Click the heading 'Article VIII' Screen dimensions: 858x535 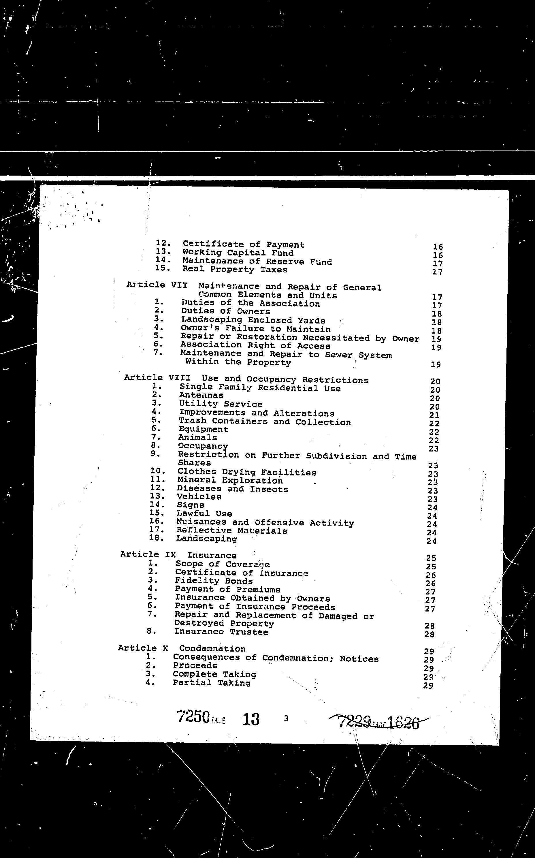click(x=157, y=378)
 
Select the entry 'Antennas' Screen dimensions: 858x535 click(x=201, y=395)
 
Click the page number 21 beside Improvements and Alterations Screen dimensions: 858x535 click(x=434, y=415)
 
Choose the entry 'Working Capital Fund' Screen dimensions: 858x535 click(x=238, y=253)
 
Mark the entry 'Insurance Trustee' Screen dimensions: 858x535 click(x=221, y=632)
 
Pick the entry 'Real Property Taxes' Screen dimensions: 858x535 click(x=235, y=269)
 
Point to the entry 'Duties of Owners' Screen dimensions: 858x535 click(x=225, y=311)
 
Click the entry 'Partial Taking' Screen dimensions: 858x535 click(x=211, y=683)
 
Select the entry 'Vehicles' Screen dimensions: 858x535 click(x=199, y=497)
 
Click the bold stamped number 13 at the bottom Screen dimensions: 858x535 click(x=251, y=719)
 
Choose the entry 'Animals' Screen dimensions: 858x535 click(x=197, y=438)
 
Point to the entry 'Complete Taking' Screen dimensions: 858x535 click(x=214, y=674)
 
